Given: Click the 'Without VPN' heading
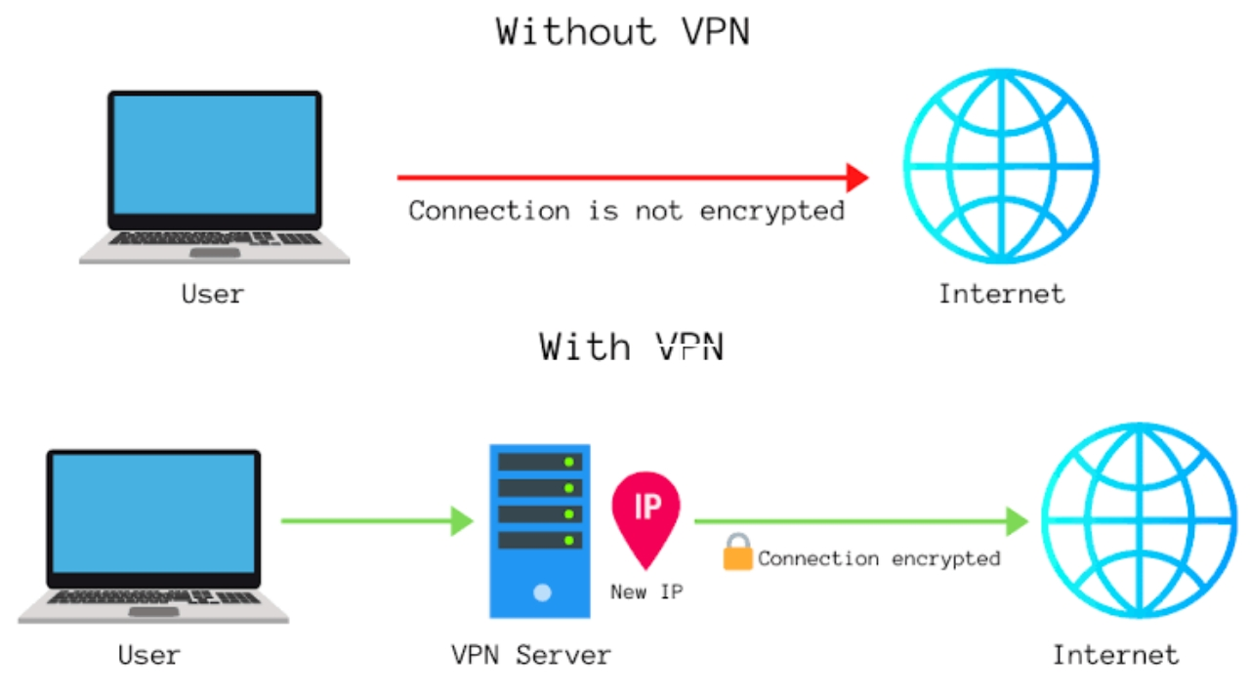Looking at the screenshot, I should click(623, 31).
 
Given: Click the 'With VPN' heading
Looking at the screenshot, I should click(631, 347).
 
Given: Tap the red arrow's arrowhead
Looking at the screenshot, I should click(856, 178).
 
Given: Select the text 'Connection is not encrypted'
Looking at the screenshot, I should click(626, 211).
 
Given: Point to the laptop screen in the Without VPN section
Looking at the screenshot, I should click(214, 154).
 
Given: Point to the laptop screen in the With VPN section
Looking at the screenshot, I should click(154, 512).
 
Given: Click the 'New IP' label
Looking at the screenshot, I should click(646, 592).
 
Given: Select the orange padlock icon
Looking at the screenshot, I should click(737, 553).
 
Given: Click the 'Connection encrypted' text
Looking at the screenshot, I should click(879, 558).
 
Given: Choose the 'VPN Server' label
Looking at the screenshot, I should click(530, 654).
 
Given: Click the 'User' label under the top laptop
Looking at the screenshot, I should click(213, 294).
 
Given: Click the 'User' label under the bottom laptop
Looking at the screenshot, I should click(148, 654).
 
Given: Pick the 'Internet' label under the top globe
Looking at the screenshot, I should click(1001, 294).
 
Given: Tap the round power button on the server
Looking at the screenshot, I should click(542, 592).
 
